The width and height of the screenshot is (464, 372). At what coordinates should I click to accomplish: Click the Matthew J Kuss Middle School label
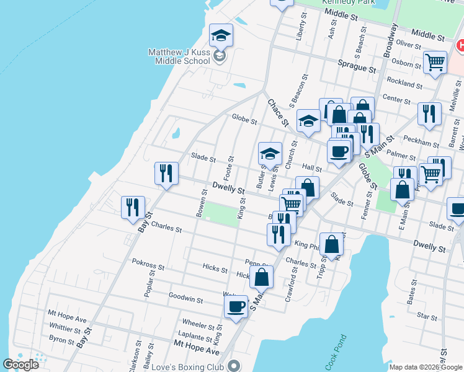pos(179,56)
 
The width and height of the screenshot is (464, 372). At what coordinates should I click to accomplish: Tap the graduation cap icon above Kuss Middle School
pos(220,36)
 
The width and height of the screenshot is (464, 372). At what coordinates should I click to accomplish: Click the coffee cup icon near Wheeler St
pos(236,307)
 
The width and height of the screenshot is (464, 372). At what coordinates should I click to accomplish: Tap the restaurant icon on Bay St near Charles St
pos(133,208)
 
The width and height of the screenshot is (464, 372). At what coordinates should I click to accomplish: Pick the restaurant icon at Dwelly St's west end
pos(166,174)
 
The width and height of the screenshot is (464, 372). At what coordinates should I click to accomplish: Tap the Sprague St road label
pos(357,63)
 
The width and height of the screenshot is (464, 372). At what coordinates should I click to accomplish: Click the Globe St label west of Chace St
pos(244,120)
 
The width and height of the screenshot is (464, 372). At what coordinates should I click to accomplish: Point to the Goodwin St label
pos(186,299)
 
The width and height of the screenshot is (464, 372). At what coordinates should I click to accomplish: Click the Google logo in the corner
pos(20,365)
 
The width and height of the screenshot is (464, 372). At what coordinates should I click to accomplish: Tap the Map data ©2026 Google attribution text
pos(426,367)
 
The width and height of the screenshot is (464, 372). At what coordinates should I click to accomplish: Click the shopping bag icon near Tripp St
pos(331,245)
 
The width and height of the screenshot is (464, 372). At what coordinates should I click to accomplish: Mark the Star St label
pos(427,316)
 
